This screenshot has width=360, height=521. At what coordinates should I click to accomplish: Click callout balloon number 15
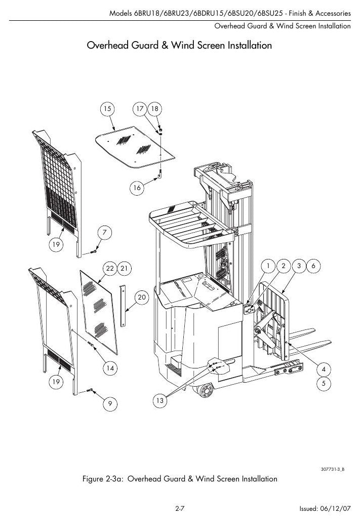pyautogui.click(x=107, y=108)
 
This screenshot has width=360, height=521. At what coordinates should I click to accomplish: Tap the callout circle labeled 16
pyautogui.click(x=137, y=188)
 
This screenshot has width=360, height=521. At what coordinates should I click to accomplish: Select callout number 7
pyautogui.click(x=105, y=232)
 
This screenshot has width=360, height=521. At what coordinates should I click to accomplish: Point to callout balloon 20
pyautogui.click(x=142, y=297)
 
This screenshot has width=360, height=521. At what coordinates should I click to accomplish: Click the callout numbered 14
pyautogui.click(x=110, y=368)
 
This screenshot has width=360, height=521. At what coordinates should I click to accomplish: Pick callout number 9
pyautogui.click(x=110, y=404)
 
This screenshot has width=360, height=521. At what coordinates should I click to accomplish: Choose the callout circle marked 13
pyautogui.click(x=159, y=400)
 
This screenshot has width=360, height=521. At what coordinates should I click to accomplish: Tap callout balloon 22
pyautogui.click(x=109, y=268)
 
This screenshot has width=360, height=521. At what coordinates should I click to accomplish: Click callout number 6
pyautogui.click(x=313, y=266)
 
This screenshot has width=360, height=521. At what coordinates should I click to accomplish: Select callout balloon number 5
pyautogui.click(x=324, y=384)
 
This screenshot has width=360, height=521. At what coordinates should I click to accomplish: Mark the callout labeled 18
pyautogui.click(x=154, y=108)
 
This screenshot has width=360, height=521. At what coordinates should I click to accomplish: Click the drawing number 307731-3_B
pyautogui.click(x=333, y=469)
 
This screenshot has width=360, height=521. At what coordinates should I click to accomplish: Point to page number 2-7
pyautogui.click(x=180, y=508)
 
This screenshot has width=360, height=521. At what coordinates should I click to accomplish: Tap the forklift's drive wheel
pyautogui.click(x=206, y=390)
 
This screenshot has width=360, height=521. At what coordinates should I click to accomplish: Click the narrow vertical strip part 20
pyautogui.click(x=123, y=306)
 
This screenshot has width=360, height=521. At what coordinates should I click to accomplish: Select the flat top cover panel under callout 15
pyautogui.click(x=135, y=146)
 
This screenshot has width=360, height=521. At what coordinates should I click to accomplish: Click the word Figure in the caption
pyautogui.click(x=92, y=479)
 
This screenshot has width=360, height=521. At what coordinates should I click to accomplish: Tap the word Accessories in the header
pyautogui.click(x=333, y=13)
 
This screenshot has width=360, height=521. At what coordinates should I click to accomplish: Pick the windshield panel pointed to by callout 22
pyautogui.click(x=99, y=312)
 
